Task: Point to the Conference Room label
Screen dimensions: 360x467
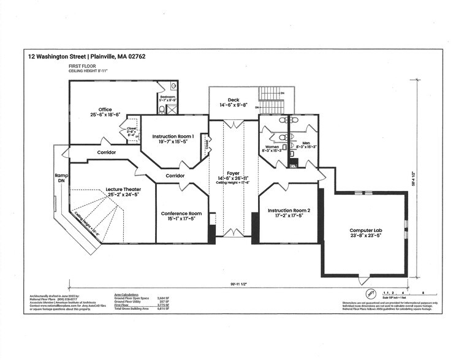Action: pos(181,214)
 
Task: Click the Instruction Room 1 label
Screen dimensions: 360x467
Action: pos(173,137)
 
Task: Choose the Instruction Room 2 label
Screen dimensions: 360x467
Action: pos(289,211)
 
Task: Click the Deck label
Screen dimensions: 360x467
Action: pos(233,100)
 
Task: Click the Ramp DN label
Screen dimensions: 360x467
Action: pos(61,178)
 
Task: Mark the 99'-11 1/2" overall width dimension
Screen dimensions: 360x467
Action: pos(235,285)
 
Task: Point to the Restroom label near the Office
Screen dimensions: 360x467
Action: pos(168,97)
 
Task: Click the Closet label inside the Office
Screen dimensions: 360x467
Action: pos(132,129)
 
